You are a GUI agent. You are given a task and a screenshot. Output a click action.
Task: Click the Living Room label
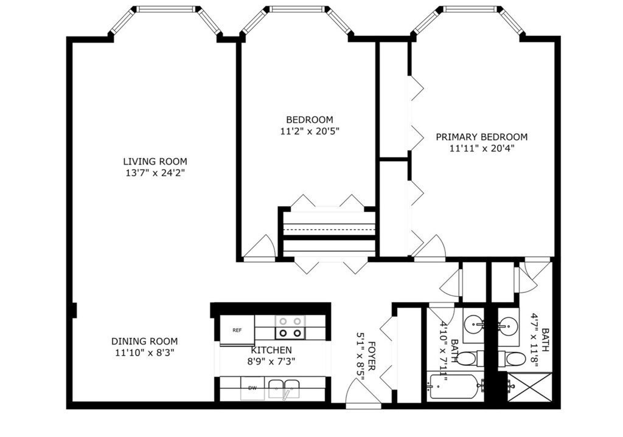pos(155,162)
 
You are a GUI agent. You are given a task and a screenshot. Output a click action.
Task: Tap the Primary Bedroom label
pos(482,137)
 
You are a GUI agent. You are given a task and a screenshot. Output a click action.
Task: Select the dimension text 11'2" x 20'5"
pos(310,131)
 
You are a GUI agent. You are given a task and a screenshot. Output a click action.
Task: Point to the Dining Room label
pos(144,341)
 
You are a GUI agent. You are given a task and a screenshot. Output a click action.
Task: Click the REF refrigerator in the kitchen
pos(237,330)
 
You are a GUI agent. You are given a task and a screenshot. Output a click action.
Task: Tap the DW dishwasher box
pos(252,388)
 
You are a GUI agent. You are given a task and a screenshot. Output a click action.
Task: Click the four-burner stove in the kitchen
pos(290,328)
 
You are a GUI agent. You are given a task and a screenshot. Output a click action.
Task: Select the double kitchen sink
pos(284,388)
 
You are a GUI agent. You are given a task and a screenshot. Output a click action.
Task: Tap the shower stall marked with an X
pos(530,387)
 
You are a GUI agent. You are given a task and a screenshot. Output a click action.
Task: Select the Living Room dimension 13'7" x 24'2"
pos(155,173)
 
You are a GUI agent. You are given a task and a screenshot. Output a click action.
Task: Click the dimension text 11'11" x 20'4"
pos(482,148)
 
